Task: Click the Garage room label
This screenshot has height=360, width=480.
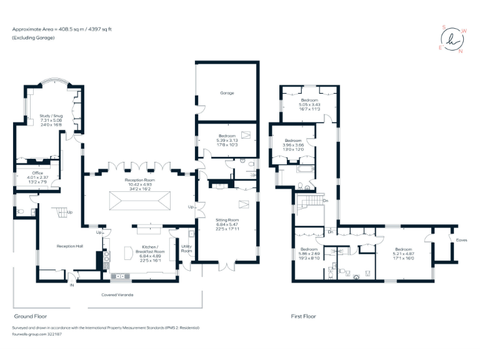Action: click(226, 93)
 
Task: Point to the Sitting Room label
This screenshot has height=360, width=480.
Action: click(227, 220)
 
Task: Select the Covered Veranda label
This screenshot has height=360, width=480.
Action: click(117, 294)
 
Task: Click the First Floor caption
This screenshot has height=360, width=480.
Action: click(303, 316)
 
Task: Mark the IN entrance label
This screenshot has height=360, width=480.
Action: click(72, 285)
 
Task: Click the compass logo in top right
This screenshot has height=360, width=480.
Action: click(451, 39)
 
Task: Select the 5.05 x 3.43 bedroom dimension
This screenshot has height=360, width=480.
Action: click(310, 104)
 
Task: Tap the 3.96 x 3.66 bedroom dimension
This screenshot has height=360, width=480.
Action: click(294, 145)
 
